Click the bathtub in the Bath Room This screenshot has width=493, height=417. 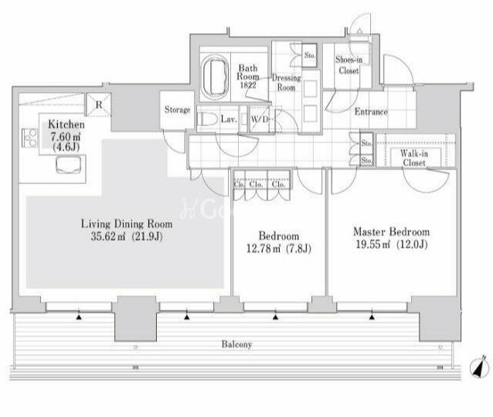[x=216, y=77]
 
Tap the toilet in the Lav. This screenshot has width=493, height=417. [x=208, y=120]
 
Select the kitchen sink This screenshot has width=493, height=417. [x=69, y=166]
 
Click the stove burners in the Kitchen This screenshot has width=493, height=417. [x=29, y=138]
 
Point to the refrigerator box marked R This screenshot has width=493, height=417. [x=99, y=104]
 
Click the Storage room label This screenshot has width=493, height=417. [x=177, y=110]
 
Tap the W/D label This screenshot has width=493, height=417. [x=260, y=119]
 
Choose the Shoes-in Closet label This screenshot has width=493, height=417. [x=348, y=65]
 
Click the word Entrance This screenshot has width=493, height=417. [x=371, y=111]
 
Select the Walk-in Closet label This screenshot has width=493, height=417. [x=414, y=158]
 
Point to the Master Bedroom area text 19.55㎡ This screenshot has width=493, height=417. [x=373, y=244]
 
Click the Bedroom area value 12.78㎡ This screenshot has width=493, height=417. [x=263, y=249]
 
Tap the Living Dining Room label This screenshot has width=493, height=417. [x=127, y=224]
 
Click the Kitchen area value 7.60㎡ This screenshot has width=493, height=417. [x=66, y=137]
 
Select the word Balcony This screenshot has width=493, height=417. [x=236, y=344]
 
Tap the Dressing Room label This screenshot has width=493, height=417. [x=286, y=83]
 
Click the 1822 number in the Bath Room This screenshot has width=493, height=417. [x=248, y=85]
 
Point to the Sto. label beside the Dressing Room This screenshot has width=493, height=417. [x=310, y=55]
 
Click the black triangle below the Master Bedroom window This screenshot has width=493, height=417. [x=372, y=317]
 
